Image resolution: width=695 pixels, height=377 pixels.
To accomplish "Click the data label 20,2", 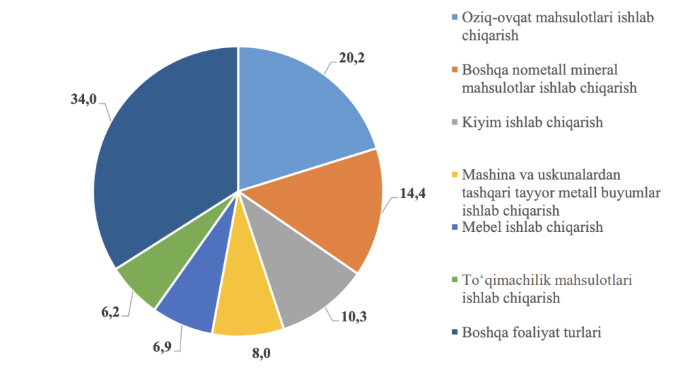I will tap(352, 58).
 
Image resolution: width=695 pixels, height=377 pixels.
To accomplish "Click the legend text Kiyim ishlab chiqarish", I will tap(532, 122).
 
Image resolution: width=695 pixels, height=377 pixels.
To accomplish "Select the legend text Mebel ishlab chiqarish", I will tap(532, 227).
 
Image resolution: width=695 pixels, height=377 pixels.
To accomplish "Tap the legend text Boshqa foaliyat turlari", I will tap(531, 332).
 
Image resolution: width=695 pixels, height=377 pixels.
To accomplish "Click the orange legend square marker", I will tap(454, 70).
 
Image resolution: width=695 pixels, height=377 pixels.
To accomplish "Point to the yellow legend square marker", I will tap(454, 174).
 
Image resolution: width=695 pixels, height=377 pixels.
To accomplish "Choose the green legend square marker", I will tap(454, 280).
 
